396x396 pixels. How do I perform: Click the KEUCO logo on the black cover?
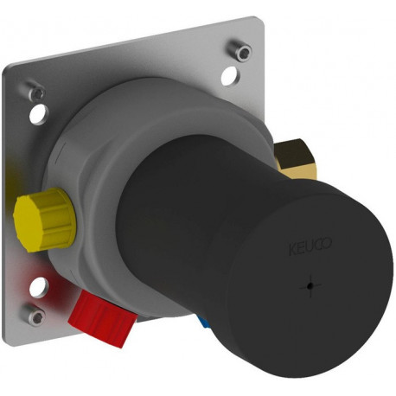point(310,246)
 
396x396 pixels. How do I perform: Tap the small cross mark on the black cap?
point(310,286)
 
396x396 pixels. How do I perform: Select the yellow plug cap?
point(45,219)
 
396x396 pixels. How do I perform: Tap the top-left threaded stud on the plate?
point(36,91)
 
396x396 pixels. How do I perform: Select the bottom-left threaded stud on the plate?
point(34,315)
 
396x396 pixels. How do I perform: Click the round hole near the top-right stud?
point(230,76)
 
